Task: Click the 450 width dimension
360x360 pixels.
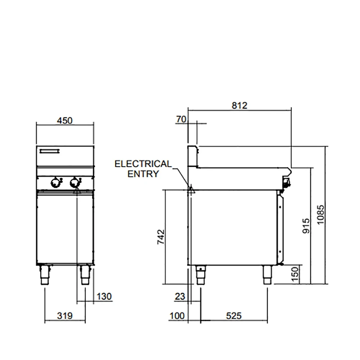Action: click(65, 121)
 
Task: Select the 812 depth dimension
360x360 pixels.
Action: click(239, 105)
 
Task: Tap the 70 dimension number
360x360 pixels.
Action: click(181, 120)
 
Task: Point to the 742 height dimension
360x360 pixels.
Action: click(161, 237)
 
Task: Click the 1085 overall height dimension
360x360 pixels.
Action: click(320, 215)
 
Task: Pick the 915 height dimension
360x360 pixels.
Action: click(306, 226)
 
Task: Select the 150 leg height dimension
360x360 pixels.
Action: click(295, 274)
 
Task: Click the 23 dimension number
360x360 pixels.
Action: click(180, 297)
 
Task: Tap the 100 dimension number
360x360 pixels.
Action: click(177, 316)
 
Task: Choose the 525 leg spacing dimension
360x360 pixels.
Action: click(234, 316)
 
